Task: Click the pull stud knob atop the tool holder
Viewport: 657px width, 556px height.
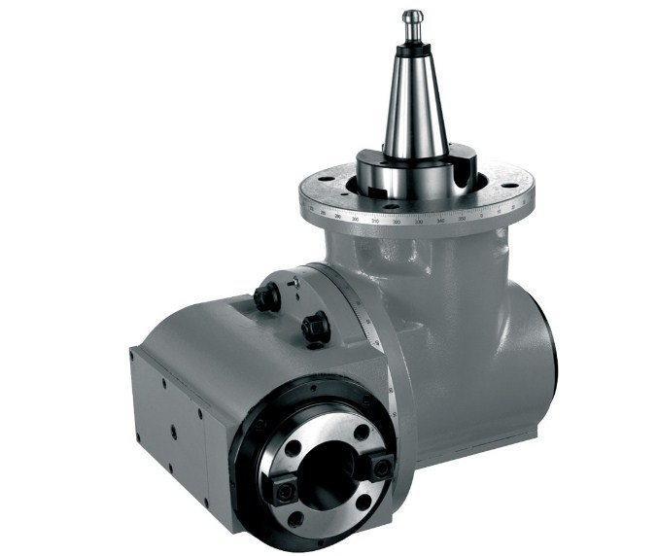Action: pos(413,17)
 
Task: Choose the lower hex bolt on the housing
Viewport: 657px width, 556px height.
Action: pos(315,328)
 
